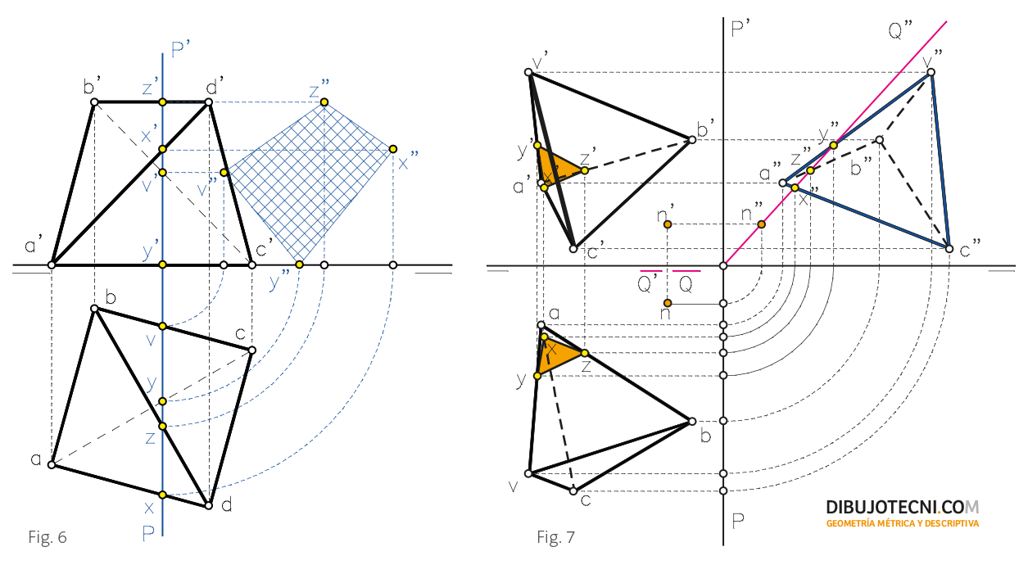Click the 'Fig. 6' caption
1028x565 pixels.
pyautogui.click(x=47, y=537)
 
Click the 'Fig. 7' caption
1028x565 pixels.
pyautogui.click(x=556, y=537)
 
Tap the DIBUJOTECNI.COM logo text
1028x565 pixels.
pyautogui.click(x=902, y=508)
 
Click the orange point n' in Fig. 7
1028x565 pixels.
pyautogui.click(x=668, y=224)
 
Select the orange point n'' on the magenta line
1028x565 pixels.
pyautogui.click(x=762, y=224)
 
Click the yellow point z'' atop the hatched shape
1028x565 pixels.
pyautogui.click(x=324, y=102)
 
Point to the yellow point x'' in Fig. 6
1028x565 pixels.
pyautogui.click(x=393, y=149)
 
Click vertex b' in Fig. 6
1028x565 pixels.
pyautogui.click(x=94, y=102)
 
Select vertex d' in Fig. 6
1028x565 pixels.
pyautogui.click(x=209, y=102)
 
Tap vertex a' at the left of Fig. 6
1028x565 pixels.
pyautogui.click(x=52, y=264)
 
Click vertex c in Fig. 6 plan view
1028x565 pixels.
pyautogui.click(x=251, y=350)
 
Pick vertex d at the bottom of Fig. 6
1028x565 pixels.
pyautogui.click(x=209, y=505)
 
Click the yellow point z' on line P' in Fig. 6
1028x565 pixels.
pyautogui.click(x=162, y=102)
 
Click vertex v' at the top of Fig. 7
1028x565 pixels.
pyautogui.click(x=529, y=73)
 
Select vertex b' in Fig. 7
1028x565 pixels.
pyautogui.click(x=692, y=140)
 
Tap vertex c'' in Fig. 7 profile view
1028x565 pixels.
pyautogui.click(x=949, y=247)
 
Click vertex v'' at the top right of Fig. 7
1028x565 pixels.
pyautogui.click(x=931, y=73)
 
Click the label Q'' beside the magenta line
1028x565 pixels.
pyautogui.click(x=900, y=31)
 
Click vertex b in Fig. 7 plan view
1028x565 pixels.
pyautogui.click(x=692, y=421)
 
